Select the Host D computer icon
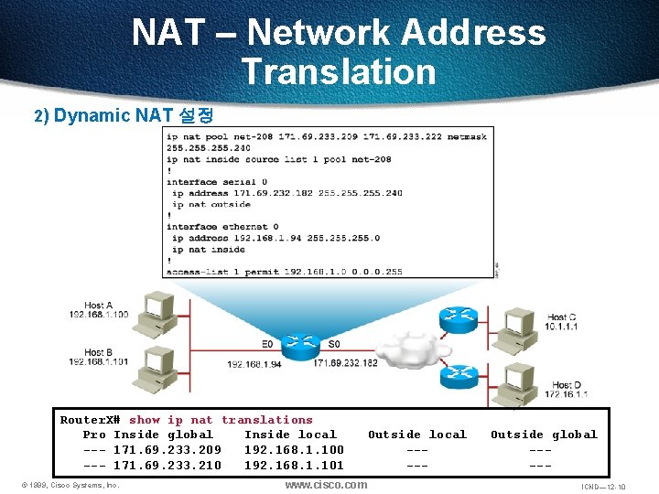click(x=513, y=377)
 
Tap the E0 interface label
click(x=267, y=344)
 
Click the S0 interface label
click(x=334, y=344)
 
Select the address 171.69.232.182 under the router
click(x=345, y=363)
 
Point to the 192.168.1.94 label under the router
click(x=254, y=363)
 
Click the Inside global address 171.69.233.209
click(x=167, y=450)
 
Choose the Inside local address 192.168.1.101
click(x=294, y=466)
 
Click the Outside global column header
click(x=543, y=435)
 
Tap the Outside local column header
click(x=416, y=435)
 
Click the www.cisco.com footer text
click(x=326, y=485)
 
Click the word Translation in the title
click(x=339, y=71)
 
